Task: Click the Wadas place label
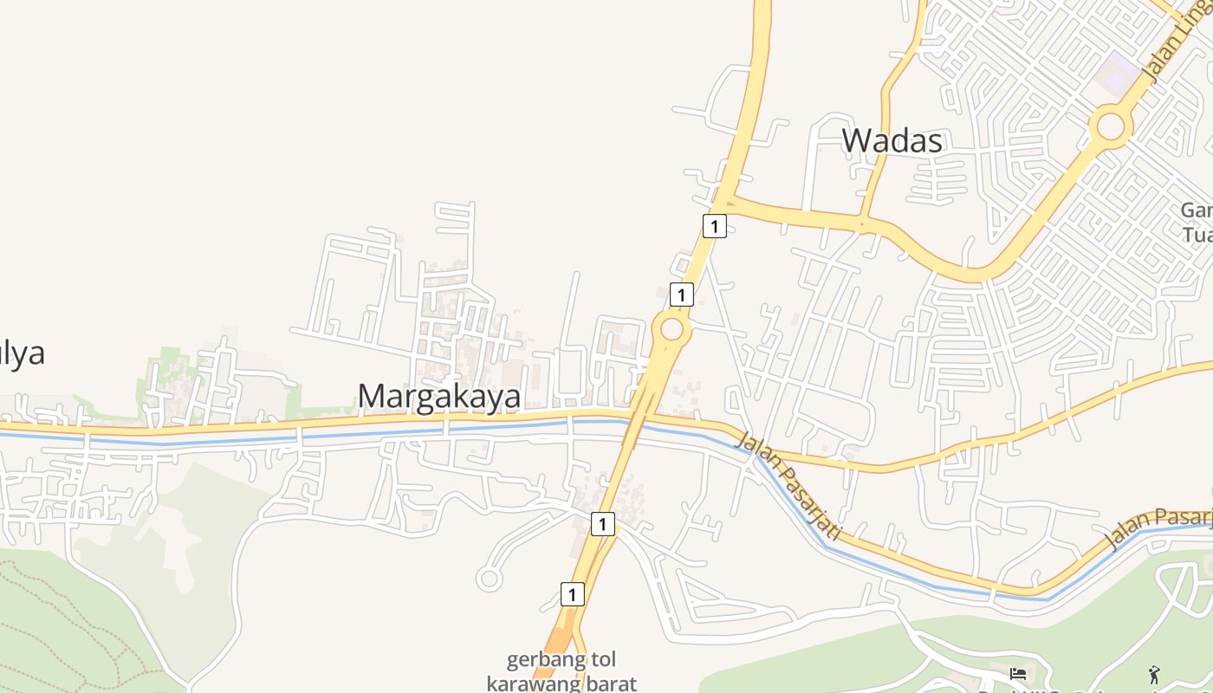tap(892, 140)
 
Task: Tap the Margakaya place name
tap(439, 396)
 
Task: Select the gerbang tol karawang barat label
tap(561, 671)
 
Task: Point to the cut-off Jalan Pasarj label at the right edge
tap(1157, 528)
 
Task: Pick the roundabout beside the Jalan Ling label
tap(1110, 126)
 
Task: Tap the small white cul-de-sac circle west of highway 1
tap(489, 579)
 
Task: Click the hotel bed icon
tap(1018, 673)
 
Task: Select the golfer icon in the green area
tap(1154, 675)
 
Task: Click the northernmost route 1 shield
tap(713, 227)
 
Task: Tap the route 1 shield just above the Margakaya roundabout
tap(682, 295)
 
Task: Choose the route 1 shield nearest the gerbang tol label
tap(572, 594)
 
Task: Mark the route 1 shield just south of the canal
tap(603, 523)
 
